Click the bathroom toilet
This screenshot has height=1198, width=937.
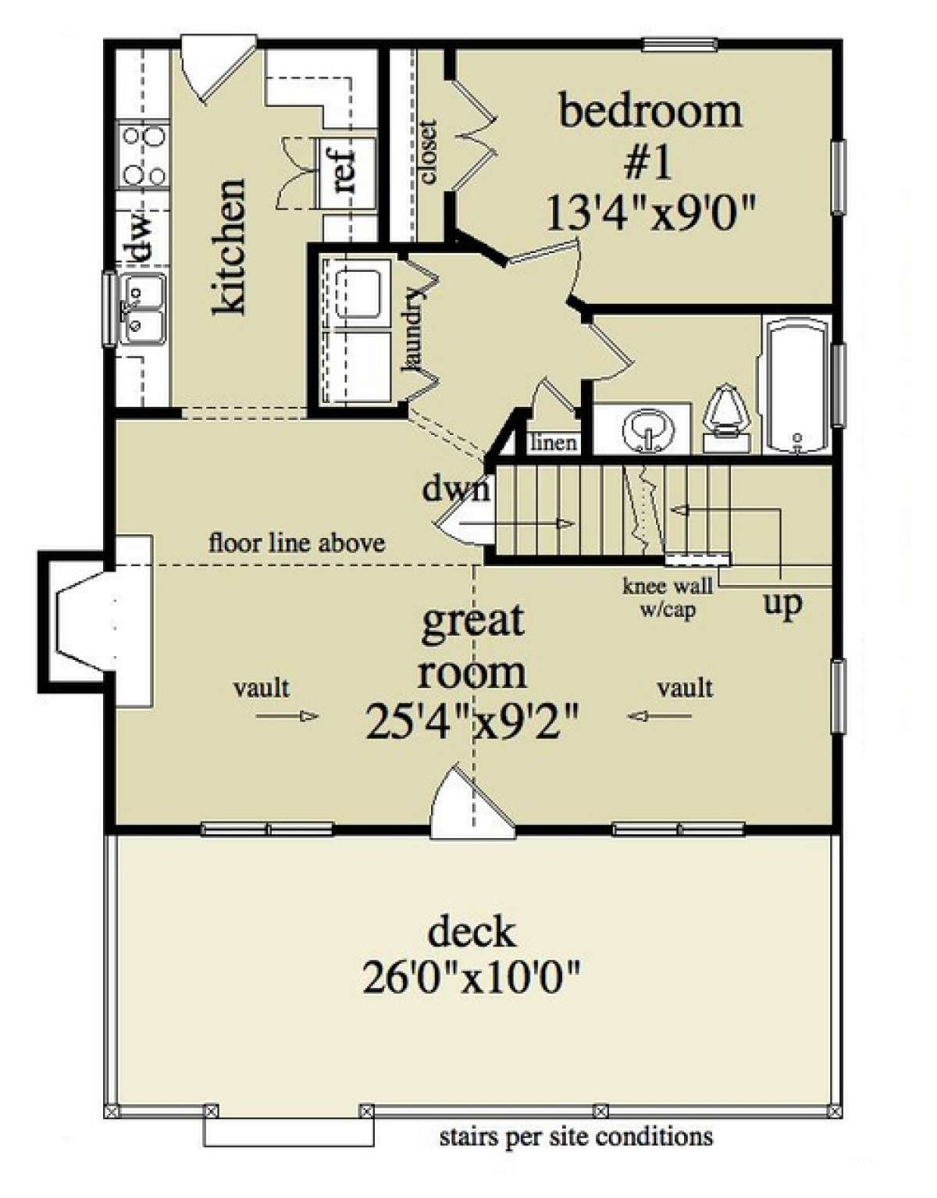[726, 419]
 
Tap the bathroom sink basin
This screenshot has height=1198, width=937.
[649, 429]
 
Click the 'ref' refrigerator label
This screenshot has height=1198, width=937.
[343, 172]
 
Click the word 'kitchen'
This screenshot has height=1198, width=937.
[230, 247]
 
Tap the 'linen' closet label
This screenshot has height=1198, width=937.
[553, 442]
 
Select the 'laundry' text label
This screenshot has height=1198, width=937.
[415, 330]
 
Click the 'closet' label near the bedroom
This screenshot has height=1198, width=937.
[428, 151]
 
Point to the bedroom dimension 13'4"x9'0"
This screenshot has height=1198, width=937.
[650, 214]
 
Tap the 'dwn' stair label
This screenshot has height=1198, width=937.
[455, 489]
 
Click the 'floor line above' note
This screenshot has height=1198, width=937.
[297, 544]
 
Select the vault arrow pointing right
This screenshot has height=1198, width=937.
[287, 716]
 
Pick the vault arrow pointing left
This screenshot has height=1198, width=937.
[659, 716]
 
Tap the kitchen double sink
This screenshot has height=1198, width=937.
[142, 309]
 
